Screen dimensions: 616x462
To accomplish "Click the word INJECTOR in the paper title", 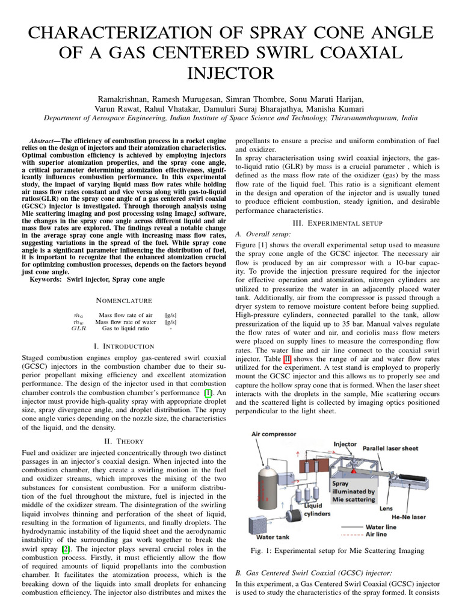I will pos(231,73).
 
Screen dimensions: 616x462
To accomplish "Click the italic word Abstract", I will pos(42,139).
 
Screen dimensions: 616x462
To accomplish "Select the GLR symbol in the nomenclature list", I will pos(79,328).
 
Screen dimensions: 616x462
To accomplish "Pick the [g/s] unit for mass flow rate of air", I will pos(170,314).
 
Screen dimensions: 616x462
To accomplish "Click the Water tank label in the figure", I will pos(274,536).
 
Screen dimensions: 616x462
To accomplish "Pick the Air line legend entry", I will pos(395,534).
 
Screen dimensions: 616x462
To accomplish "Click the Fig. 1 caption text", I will pos(337,550).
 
